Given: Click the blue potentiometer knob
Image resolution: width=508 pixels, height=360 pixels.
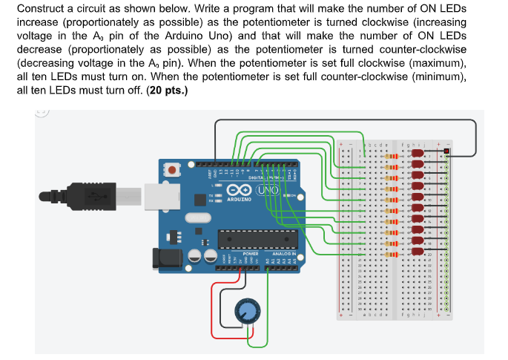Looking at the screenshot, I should (x=245, y=312).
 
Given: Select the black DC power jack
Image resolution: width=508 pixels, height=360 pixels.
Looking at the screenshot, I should (x=164, y=257).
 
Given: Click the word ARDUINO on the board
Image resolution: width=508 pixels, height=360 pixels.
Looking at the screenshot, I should (x=240, y=200).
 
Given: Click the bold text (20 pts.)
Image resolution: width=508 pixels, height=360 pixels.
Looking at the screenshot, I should (x=168, y=91).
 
